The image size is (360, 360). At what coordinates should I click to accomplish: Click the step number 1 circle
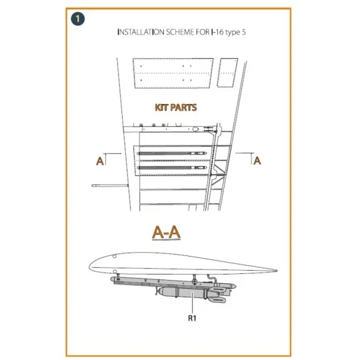78,19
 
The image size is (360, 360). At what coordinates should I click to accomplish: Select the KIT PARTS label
176,107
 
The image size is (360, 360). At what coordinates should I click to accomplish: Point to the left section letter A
100,161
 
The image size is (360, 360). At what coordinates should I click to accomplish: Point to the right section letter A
257,161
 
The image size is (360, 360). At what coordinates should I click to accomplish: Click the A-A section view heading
167,233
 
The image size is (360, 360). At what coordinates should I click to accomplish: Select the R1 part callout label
192,318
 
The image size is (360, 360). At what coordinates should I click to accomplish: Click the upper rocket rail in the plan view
172,153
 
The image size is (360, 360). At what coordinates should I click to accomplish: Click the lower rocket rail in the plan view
172,167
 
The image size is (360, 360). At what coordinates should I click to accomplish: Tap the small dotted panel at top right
227,73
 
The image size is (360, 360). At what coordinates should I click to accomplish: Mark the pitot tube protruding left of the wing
110,185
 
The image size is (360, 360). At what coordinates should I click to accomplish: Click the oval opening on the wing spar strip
195,129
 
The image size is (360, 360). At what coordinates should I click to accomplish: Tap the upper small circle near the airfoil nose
115,256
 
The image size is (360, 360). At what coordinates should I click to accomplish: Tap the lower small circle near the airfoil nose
115,272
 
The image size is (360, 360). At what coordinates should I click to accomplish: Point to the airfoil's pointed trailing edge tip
277,271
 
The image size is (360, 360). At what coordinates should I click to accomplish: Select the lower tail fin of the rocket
217,300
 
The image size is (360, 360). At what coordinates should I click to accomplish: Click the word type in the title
233,33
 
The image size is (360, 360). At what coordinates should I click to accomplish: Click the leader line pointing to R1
193,303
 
